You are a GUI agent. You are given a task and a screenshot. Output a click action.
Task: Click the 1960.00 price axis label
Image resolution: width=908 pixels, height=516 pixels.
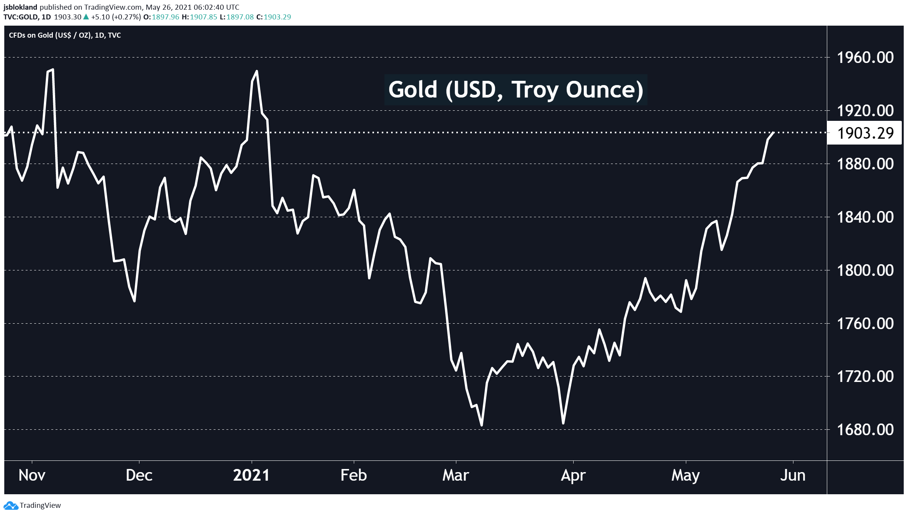point(865,58)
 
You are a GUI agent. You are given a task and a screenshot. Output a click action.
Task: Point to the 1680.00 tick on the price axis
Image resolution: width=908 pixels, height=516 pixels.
point(865,430)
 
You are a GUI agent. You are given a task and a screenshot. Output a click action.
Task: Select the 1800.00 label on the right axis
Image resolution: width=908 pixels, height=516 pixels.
point(865,270)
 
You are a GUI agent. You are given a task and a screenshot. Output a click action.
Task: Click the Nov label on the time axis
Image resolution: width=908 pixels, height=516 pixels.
point(32,475)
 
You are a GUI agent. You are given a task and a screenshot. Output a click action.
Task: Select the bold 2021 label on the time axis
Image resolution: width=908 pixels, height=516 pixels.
point(251,475)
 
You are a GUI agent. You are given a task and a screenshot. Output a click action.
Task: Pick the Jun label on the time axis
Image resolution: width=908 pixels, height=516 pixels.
point(793,475)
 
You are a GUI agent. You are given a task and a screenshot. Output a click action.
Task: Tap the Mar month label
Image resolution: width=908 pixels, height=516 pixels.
point(456,475)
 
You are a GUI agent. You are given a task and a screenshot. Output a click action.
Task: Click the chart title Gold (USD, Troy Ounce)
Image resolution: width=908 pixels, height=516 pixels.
point(516,90)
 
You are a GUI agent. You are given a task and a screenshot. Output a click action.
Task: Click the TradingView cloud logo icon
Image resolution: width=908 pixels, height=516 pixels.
point(10,506)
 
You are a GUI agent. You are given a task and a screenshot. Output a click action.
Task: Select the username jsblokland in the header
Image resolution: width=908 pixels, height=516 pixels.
point(20,7)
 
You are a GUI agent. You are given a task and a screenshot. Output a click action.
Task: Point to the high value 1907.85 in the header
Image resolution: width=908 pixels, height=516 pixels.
point(204,17)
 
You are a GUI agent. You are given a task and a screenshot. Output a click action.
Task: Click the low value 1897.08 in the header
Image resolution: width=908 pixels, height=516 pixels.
point(240,17)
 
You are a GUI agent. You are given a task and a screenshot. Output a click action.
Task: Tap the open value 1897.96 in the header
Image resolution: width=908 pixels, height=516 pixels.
point(165,17)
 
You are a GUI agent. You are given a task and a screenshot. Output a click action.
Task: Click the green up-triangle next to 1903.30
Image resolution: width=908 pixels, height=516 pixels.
point(86,17)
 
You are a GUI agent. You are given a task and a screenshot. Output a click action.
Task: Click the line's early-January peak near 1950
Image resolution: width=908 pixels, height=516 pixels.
point(256,71)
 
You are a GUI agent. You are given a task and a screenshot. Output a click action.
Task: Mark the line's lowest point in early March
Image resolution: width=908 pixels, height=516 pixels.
point(482,425)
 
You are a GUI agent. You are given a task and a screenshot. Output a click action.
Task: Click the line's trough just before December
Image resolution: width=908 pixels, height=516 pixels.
point(134,301)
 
